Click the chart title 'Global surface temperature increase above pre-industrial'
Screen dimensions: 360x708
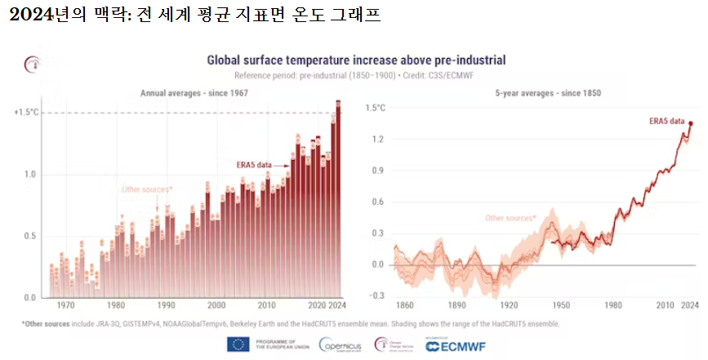tap(355, 60)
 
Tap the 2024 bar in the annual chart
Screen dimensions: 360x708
tap(338, 204)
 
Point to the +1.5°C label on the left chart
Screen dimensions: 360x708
tap(27, 113)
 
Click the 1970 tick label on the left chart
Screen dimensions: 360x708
tap(66, 305)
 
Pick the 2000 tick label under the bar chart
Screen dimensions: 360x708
tap(216, 305)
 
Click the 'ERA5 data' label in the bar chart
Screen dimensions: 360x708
tap(254, 163)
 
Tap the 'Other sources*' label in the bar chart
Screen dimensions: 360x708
tap(147, 189)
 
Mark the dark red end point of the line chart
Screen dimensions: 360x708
tap(690, 124)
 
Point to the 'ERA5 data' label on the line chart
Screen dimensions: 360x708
tap(666, 121)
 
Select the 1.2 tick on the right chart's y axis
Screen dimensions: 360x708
tap(376, 140)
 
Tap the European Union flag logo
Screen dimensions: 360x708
tap(238, 344)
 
